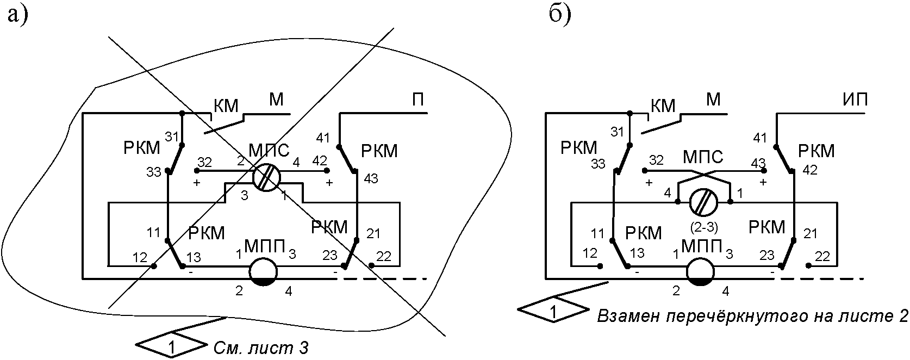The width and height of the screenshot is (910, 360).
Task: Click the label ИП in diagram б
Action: (855, 100)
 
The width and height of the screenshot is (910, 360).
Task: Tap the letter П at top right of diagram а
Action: (419, 100)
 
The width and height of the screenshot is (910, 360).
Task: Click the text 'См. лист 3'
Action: (260, 348)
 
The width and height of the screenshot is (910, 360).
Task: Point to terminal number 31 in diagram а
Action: (171, 136)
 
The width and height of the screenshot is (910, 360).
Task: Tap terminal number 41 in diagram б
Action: (759, 138)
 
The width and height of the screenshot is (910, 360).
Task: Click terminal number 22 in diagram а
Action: (383, 256)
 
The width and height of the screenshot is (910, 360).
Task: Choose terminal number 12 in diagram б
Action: (590, 253)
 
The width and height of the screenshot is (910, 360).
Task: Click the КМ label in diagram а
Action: (226, 107)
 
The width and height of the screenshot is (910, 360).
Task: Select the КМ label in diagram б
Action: (663, 107)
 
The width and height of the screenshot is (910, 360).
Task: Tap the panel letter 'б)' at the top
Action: (560, 15)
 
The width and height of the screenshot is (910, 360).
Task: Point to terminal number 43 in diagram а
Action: (371, 178)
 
